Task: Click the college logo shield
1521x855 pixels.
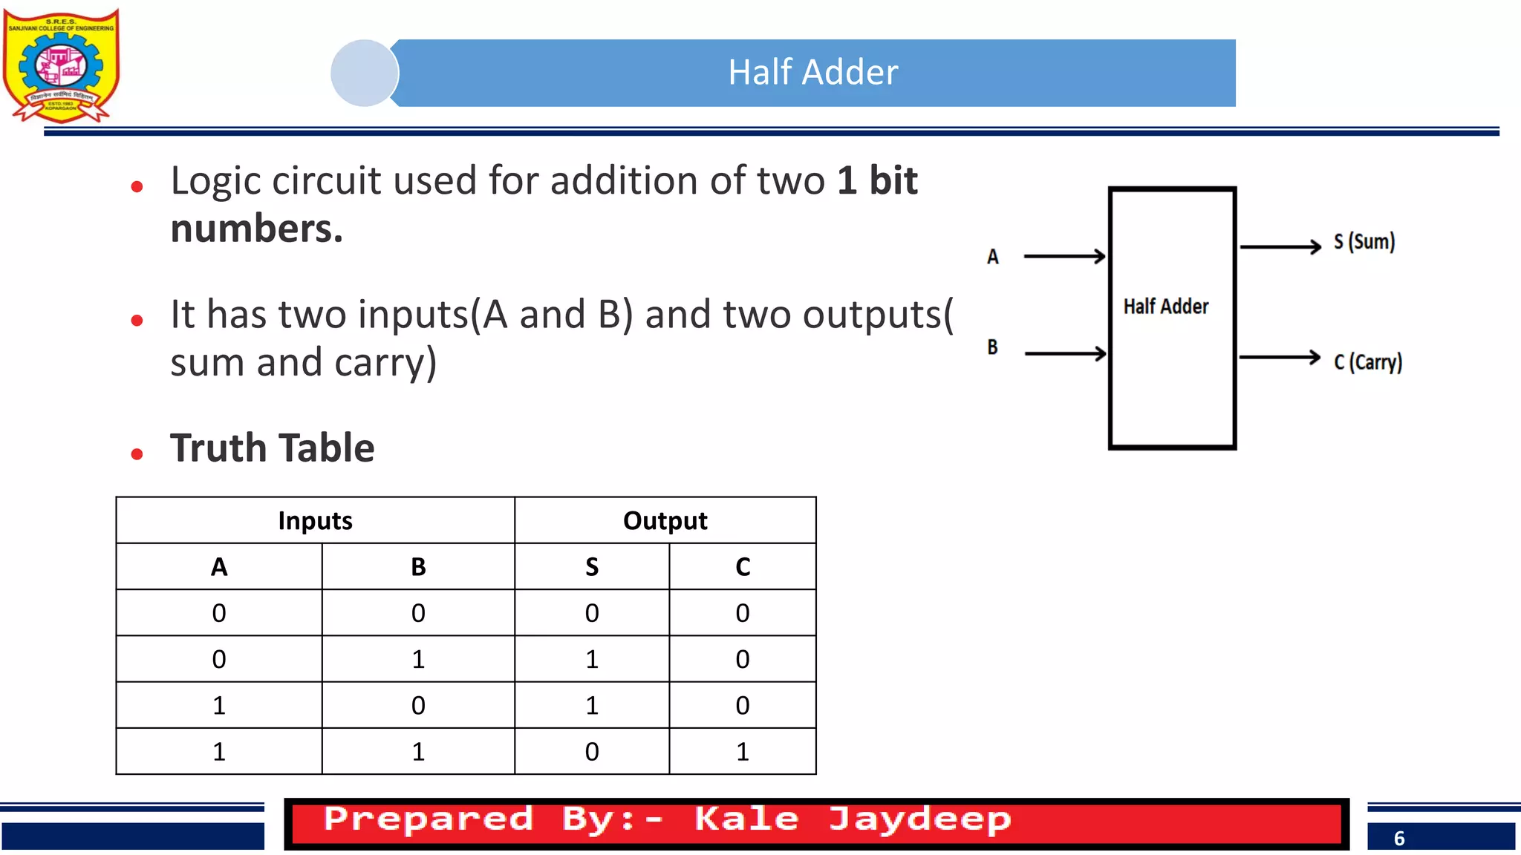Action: click(x=61, y=65)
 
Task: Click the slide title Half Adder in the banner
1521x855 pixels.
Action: click(x=812, y=73)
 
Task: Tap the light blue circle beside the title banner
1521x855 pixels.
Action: click(x=364, y=73)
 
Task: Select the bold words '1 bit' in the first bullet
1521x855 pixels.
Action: click(x=877, y=180)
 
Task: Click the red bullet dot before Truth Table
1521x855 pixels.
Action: click(x=137, y=453)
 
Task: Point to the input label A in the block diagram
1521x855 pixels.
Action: click(x=993, y=257)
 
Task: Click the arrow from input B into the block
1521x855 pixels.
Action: click(x=1065, y=353)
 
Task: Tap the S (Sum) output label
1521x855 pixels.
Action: click(x=1364, y=242)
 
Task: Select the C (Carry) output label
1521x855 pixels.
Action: click(x=1367, y=362)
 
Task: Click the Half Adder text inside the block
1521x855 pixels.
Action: click(x=1165, y=307)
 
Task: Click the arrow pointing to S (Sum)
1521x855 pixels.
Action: click(x=1280, y=246)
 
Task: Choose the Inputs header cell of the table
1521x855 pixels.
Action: click(x=315, y=520)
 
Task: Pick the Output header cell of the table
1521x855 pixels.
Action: click(x=665, y=520)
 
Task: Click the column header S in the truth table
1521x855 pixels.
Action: click(x=591, y=567)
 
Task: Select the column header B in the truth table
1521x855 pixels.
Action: click(x=418, y=567)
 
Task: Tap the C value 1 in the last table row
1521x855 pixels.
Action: click(x=742, y=752)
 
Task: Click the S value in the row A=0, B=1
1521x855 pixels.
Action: click(x=591, y=659)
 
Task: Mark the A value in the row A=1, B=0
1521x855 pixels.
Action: click(x=218, y=705)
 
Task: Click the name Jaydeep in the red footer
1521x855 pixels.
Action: click(x=919, y=820)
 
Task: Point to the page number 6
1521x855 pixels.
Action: click(x=1399, y=839)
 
